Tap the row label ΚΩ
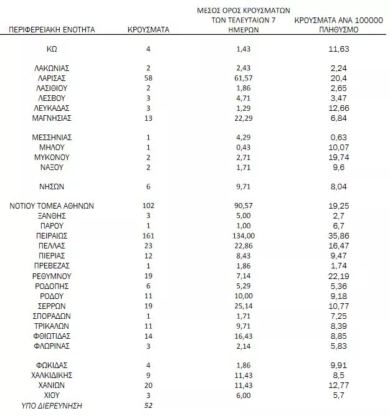coord(52,49)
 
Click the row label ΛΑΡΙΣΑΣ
coord(52,78)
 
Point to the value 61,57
coord(244,78)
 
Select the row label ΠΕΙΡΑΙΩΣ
coord(52,236)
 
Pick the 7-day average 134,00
coord(244,236)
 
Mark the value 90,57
coord(244,206)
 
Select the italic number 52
coord(148,405)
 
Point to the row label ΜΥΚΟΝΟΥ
coord(52,157)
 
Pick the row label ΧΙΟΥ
coord(52,395)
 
